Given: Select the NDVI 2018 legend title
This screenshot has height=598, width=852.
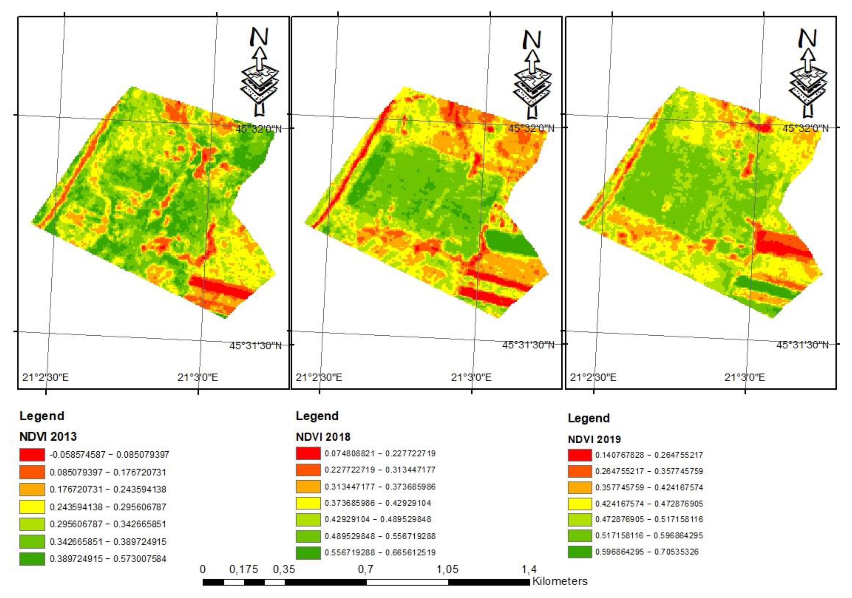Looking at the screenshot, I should (x=323, y=436).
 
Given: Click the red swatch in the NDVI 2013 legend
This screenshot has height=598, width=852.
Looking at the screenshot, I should (x=32, y=455).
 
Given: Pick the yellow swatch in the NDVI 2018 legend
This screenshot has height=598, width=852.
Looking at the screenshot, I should (x=308, y=503).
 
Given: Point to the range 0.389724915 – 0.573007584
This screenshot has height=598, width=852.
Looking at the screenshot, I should (x=108, y=559).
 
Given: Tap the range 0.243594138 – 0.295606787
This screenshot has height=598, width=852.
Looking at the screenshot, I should (x=108, y=507).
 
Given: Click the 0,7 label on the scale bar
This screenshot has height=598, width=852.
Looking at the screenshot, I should (x=366, y=569).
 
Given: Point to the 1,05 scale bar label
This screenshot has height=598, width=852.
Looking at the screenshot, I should (x=447, y=569).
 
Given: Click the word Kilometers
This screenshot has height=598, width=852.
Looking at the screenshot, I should (x=560, y=581).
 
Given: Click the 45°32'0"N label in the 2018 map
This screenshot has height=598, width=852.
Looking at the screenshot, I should (x=531, y=128).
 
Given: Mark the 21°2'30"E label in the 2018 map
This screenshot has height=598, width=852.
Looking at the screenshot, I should (x=319, y=377).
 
